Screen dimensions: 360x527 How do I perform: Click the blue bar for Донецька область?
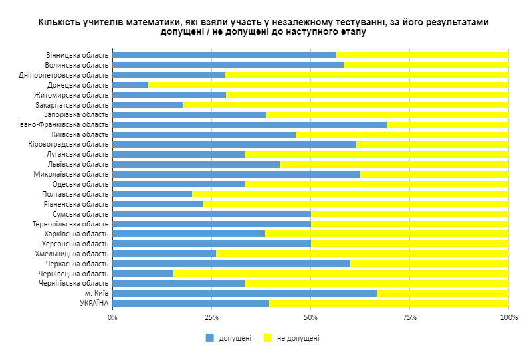pyautogui.click(x=130, y=85)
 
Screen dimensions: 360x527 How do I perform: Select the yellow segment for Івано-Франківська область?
pyautogui.click(x=447, y=125)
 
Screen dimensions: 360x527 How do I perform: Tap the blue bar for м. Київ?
pyautogui.click(x=245, y=294)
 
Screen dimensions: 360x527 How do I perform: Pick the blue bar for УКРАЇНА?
pyautogui.click(x=191, y=304)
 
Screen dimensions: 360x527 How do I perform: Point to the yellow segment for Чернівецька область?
pyautogui.click(x=341, y=274)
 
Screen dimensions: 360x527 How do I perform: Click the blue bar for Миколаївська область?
pyautogui.click(x=236, y=175)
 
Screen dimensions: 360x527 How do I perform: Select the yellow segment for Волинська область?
pyautogui.click(x=426, y=65)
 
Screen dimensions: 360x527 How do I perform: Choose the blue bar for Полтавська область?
pyautogui.click(x=152, y=194)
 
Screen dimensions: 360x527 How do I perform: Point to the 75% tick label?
pyautogui.click(x=409, y=318)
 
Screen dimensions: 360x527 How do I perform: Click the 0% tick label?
pyautogui.click(x=112, y=318)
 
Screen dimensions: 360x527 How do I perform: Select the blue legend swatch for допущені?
pyautogui.click(x=210, y=338)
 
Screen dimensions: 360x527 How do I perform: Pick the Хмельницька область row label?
pyautogui.click(x=71, y=254)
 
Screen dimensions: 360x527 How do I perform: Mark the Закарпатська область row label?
pyautogui.click(x=71, y=104)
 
